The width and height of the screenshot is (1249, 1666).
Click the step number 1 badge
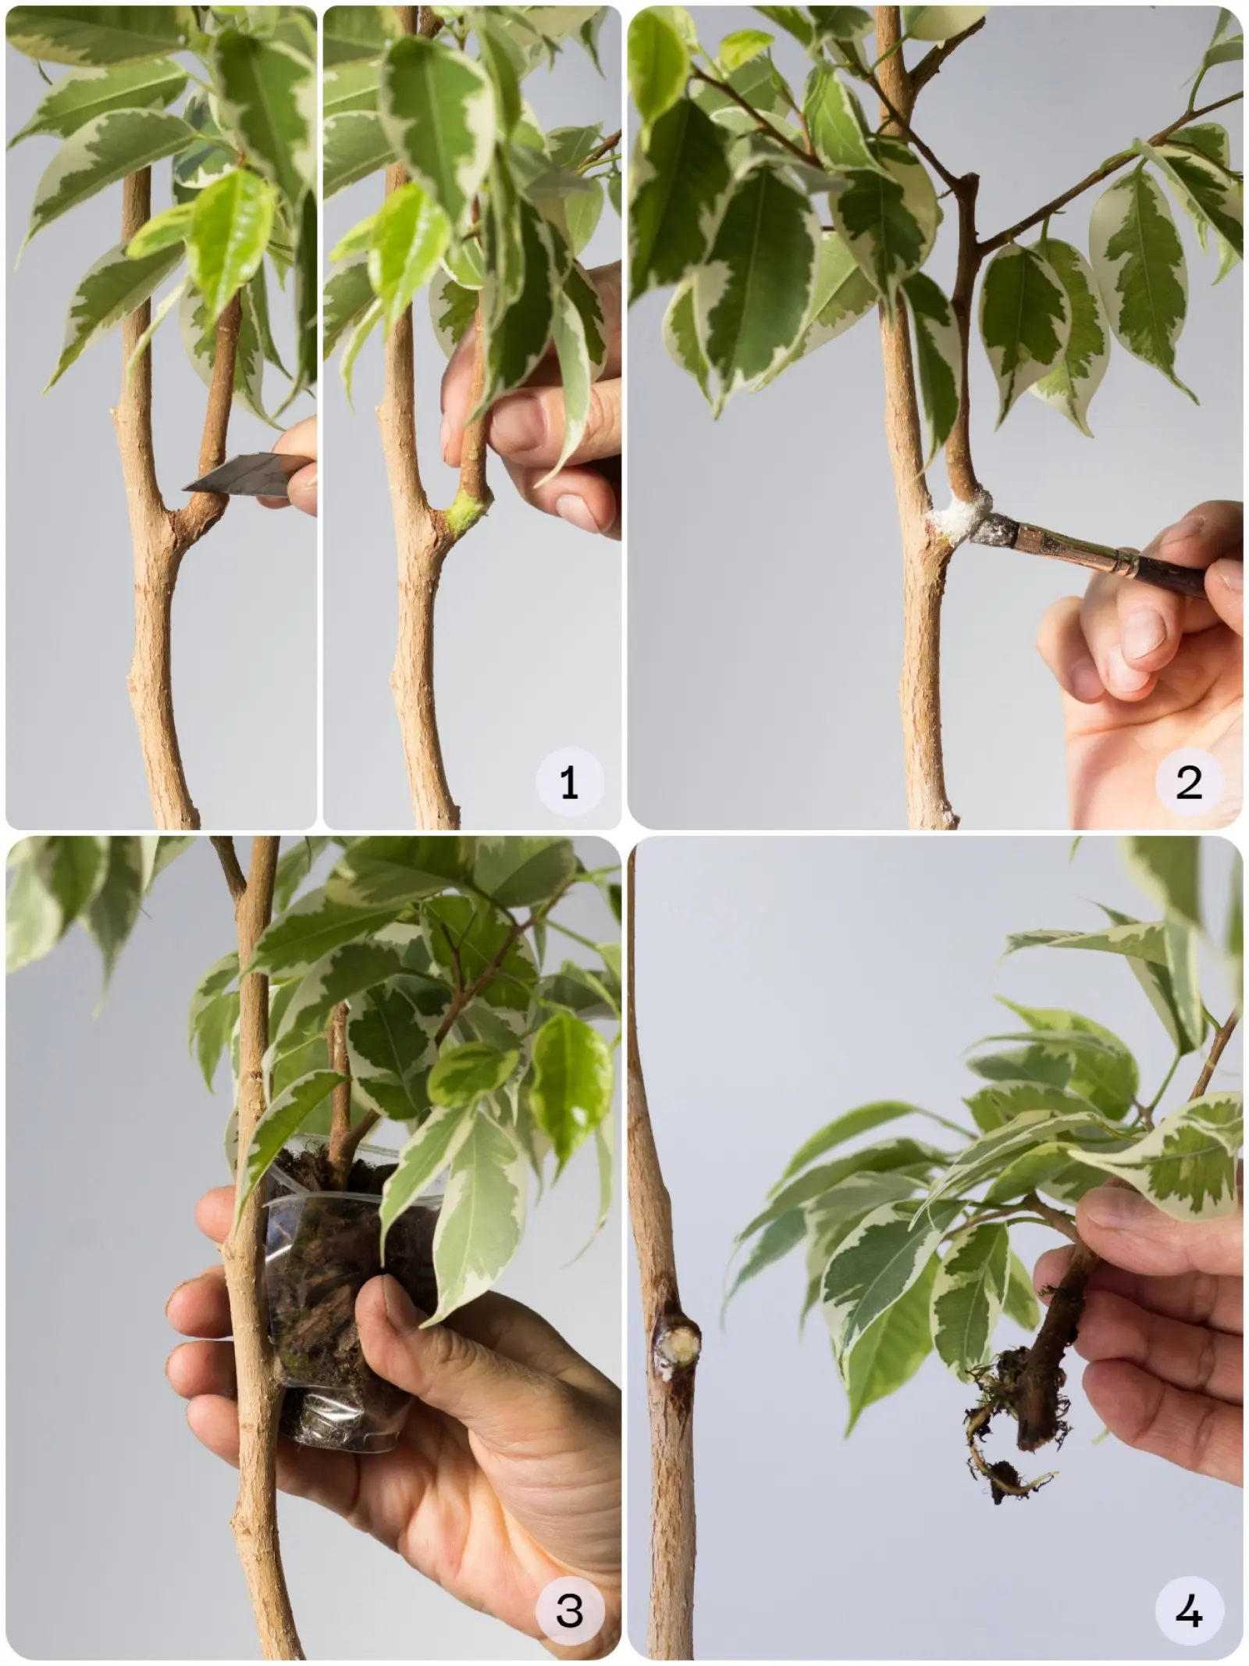(569, 782)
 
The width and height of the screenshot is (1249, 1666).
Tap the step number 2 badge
(1189, 782)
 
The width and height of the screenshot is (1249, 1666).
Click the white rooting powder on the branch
(957, 515)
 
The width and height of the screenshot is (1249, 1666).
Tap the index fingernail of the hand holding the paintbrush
(1141, 630)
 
